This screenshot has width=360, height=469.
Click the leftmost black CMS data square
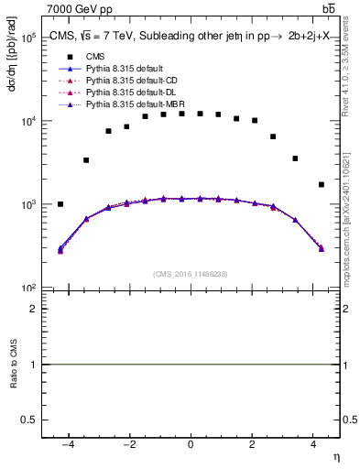coord(60,204)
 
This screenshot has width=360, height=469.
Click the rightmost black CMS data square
coord(322,184)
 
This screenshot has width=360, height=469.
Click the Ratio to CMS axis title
coord(13,365)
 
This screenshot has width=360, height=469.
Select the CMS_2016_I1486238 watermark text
coord(191,274)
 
